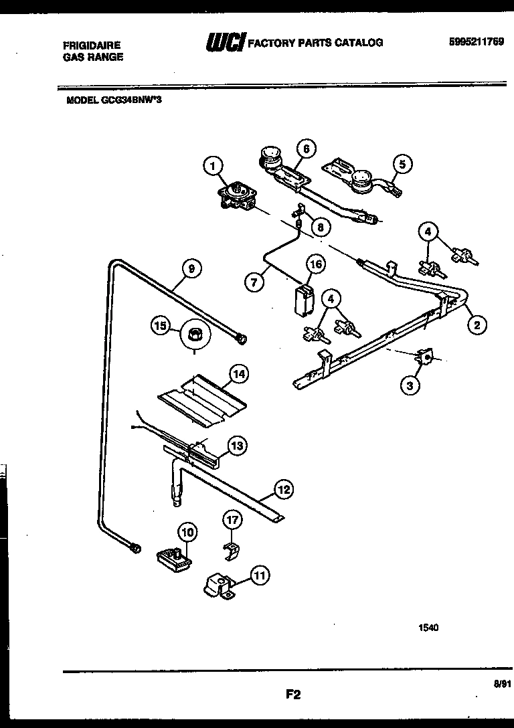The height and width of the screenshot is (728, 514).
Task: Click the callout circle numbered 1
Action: (x=213, y=165)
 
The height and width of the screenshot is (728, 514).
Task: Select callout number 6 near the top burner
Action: (x=305, y=149)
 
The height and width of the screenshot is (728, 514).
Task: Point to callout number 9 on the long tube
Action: (x=191, y=269)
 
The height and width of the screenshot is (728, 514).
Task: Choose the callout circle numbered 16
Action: (x=315, y=264)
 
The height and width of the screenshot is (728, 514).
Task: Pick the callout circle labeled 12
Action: (x=284, y=490)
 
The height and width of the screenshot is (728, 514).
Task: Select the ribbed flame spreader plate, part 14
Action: (x=201, y=399)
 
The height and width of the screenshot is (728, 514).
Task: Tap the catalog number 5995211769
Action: (x=477, y=41)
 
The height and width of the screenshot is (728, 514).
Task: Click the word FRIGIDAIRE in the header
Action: (x=92, y=45)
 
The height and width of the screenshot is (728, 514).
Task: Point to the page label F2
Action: (x=292, y=695)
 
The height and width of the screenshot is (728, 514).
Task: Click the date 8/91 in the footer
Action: (x=501, y=684)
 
